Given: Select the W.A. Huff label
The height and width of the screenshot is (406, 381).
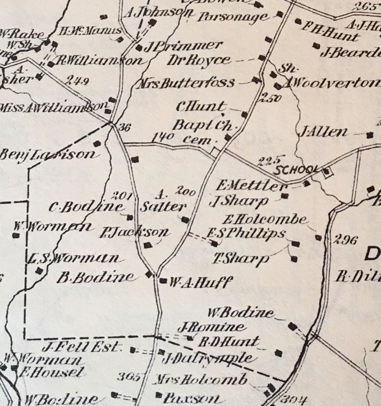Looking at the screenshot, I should (200, 282).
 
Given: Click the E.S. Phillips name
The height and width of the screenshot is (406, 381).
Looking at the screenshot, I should (246, 233).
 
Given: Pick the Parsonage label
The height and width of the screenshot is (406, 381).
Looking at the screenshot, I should (233, 17).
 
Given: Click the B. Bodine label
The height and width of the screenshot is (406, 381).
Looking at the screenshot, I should (97, 276).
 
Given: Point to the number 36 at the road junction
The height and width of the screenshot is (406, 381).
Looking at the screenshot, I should (125, 127).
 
